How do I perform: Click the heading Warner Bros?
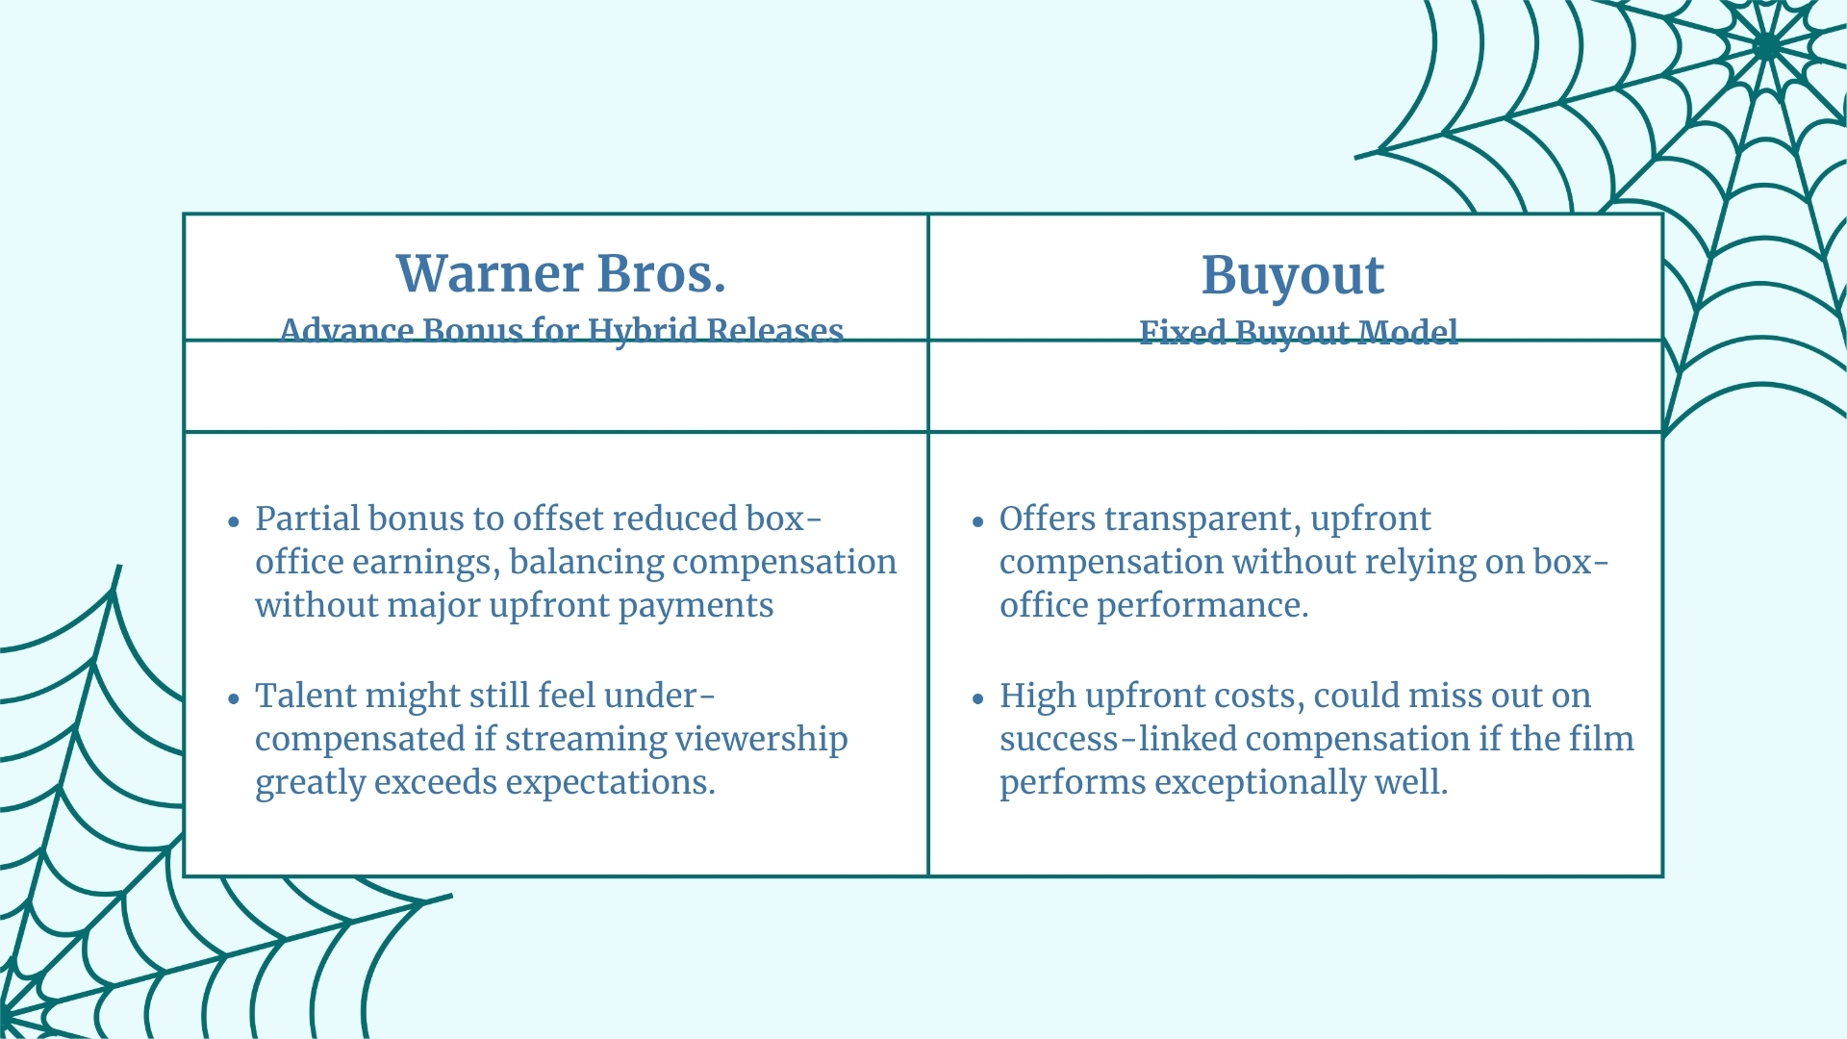click(561, 274)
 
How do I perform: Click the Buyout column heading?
click(1292, 276)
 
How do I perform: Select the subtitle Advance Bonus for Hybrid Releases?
click(561, 330)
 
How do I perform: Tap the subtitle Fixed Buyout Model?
click(1298, 332)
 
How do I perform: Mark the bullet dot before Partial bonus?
click(234, 522)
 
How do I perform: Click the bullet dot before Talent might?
click(234, 699)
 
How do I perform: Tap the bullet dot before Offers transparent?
click(978, 522)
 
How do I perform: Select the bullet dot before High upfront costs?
click(978, 699)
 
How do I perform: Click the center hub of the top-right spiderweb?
click(1768, 45)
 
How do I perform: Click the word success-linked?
click(1118, 739)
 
